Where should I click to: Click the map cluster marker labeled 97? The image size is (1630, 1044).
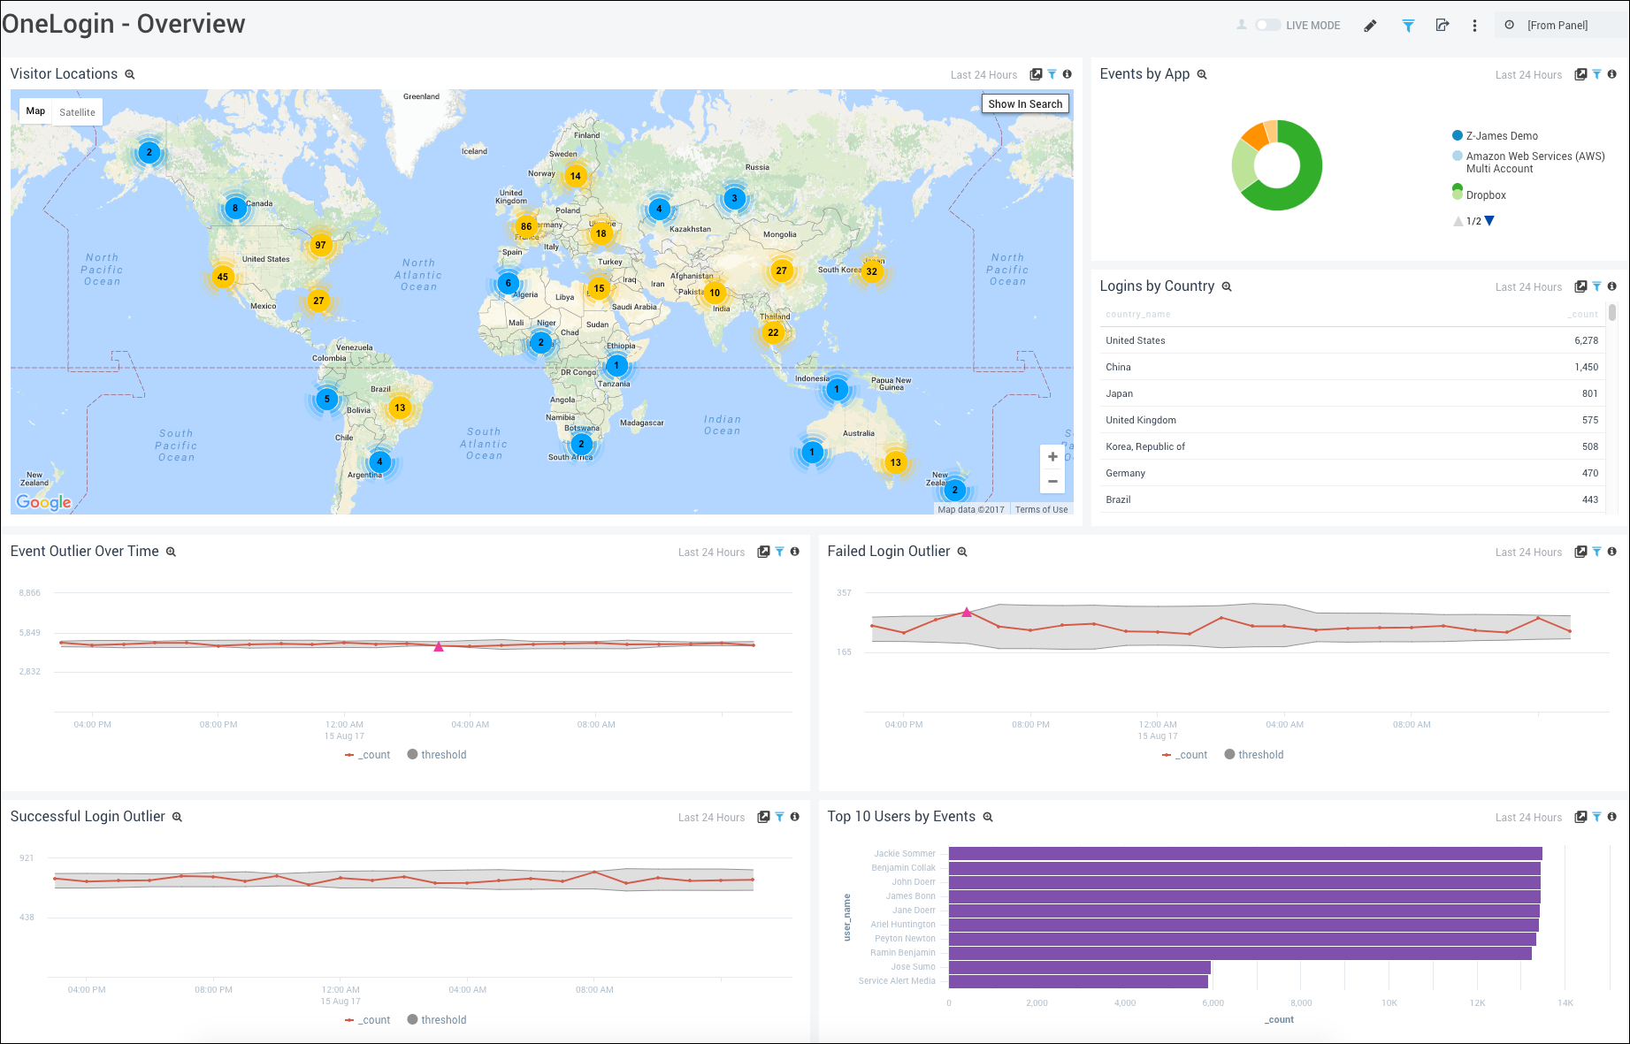tap(320, 245)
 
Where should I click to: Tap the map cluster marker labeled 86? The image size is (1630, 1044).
tap(526, 226)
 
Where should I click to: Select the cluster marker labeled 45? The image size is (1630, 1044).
tap(223, 277)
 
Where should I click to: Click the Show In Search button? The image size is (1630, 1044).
tap(1025, 104)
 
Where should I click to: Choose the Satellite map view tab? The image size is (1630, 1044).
tap(77, 112)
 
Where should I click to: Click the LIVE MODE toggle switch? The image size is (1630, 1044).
tap(1267, 26)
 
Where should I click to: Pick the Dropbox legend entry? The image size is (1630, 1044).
tap(1485, 195)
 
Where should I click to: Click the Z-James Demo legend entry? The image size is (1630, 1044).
tap(1501, 136)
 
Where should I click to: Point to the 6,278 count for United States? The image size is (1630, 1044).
tap(1585, 340)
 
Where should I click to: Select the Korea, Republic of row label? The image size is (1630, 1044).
tap(1144, 446)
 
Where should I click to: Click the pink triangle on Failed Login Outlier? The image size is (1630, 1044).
tap(967, 612)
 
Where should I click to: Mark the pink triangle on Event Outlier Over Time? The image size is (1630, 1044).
tap(439, 647)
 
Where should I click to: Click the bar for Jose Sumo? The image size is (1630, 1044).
tap(1079, 967)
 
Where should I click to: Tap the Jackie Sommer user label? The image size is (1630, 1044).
tap(904, 854)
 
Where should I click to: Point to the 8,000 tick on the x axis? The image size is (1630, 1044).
tap(1301, 1003)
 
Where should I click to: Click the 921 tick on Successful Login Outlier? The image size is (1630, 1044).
tap(27, 858)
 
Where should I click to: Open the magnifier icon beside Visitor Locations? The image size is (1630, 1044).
tap(130, 75)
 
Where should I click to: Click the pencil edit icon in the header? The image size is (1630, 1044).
tap(1370, 26)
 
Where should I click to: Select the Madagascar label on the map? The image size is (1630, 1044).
tap(641, 423)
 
